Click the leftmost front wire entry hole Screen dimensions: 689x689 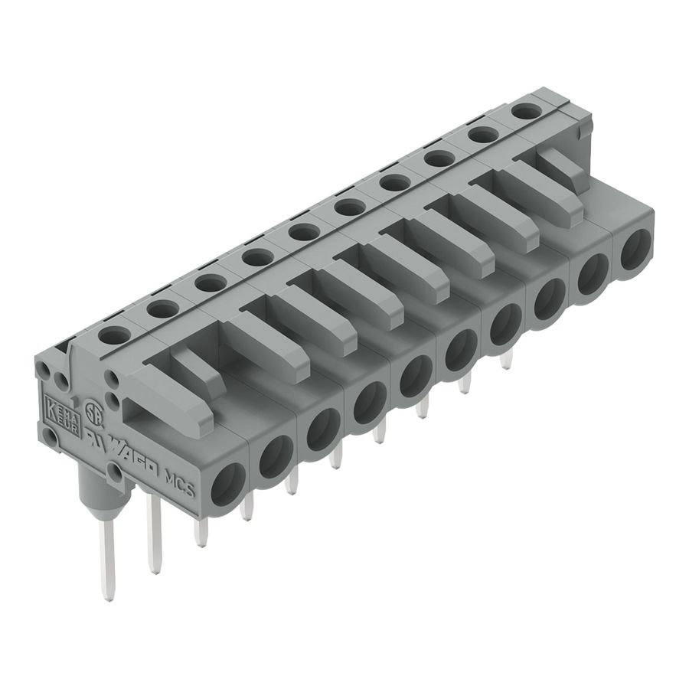click(x=229, y=487)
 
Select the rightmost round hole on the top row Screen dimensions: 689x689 click(x=523, y=112)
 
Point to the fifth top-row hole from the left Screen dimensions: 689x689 click(x=299, y=231)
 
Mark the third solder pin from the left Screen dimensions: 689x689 click(x=201, y=531)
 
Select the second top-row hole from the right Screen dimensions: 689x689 click(x=480, y=135)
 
